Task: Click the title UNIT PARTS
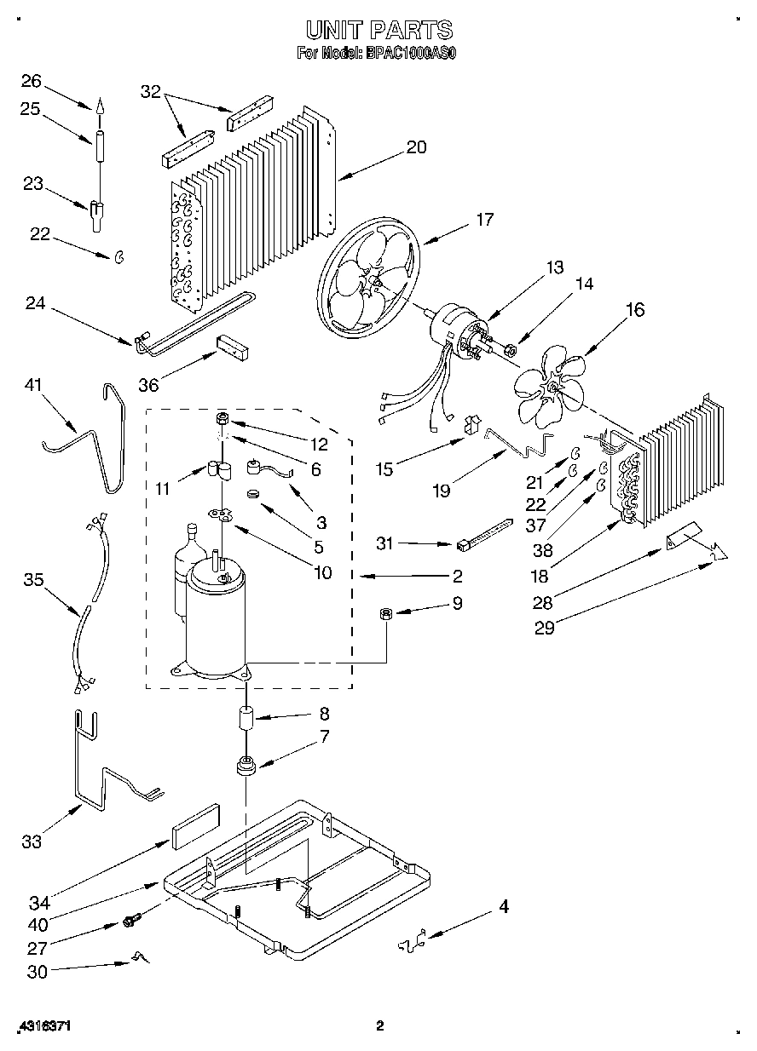tap(378, 32)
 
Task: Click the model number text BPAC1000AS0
tap(412, 53)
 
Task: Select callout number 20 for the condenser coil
tap(415, 147)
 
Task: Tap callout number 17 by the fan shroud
tap(484, 220)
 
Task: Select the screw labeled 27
tap(132, 920)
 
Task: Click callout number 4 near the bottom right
tap(503, 908)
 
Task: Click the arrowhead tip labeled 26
tap(100, 106)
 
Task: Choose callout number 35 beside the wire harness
tap(32, 580)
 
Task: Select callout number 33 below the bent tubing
tap(32, 842)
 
